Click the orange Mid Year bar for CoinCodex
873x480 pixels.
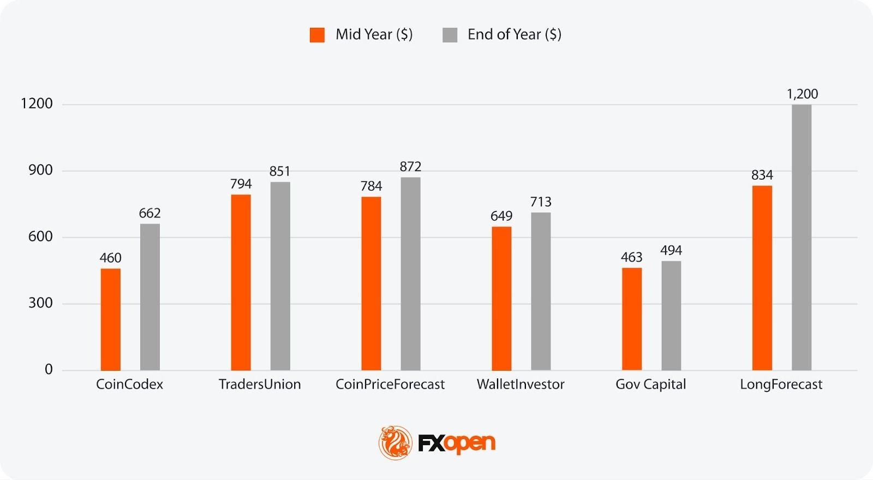[110, 319]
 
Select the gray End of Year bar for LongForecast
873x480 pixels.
[802, 238]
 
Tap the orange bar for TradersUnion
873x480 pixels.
[241, 282]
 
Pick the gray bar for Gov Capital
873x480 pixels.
[671, 316]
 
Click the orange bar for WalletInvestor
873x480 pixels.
[501, 299]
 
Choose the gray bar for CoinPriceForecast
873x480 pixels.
[410, 274]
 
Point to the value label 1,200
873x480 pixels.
[802, 94]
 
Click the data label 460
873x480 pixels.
[110, 258]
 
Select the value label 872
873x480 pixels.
[410, 167]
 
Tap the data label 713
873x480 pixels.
[541, 202]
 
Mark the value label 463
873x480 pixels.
[631, 257]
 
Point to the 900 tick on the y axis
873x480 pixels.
[40, 170]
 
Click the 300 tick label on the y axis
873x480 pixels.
[40, 303]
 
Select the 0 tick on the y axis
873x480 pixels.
[49, 370]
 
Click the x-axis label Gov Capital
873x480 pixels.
[650, 384]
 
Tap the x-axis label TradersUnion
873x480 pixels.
[260, 384]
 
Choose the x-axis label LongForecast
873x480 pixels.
[781, 384]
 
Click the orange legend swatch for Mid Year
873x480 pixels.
[317, 35]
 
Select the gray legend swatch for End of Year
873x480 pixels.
[450, 35]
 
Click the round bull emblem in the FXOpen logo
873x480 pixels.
[396, 442]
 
